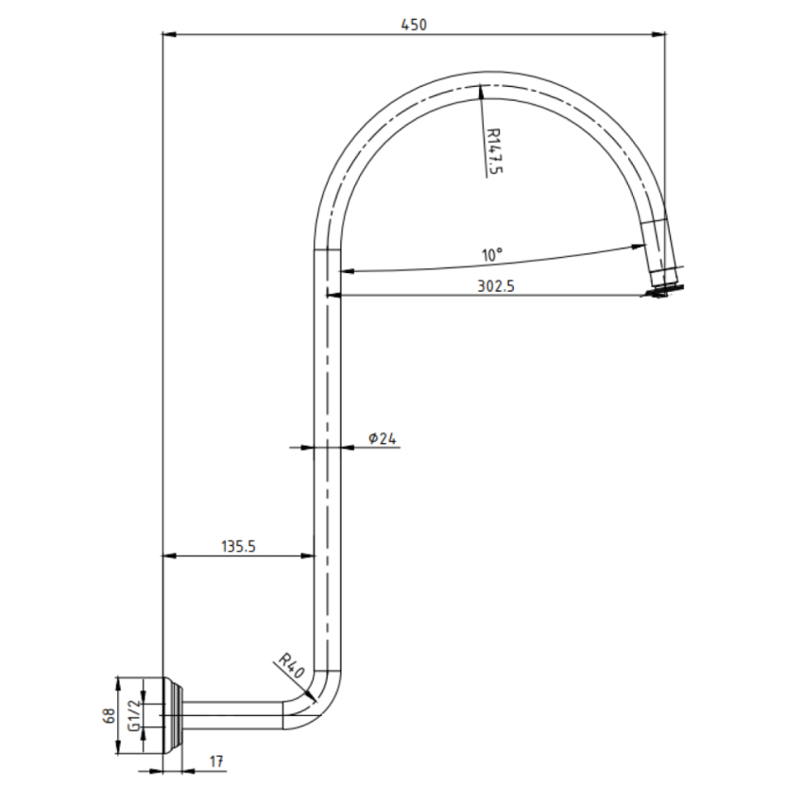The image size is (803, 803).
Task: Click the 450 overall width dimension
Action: pyautogui.click(x=413, y=26)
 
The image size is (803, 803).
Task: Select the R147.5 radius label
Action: pyautogui.click(x=491, y=149)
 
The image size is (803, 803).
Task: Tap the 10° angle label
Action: pyautogui.click(x=491, y=255)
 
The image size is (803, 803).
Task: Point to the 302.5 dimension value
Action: pyautogui.click(x=495, y=288)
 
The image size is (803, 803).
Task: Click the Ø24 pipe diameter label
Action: pyautogui.click(x=382, y=437)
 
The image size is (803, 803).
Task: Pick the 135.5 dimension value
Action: pyautogui.click(x=239, y=546)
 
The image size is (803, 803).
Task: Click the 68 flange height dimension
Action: pyautogui.click(x=110, y=715)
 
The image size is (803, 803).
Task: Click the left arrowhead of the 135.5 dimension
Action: pyautogui.click(x=169, y=556)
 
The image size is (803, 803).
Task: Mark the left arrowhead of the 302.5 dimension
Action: pyautogui.click(x=333, y=296)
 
